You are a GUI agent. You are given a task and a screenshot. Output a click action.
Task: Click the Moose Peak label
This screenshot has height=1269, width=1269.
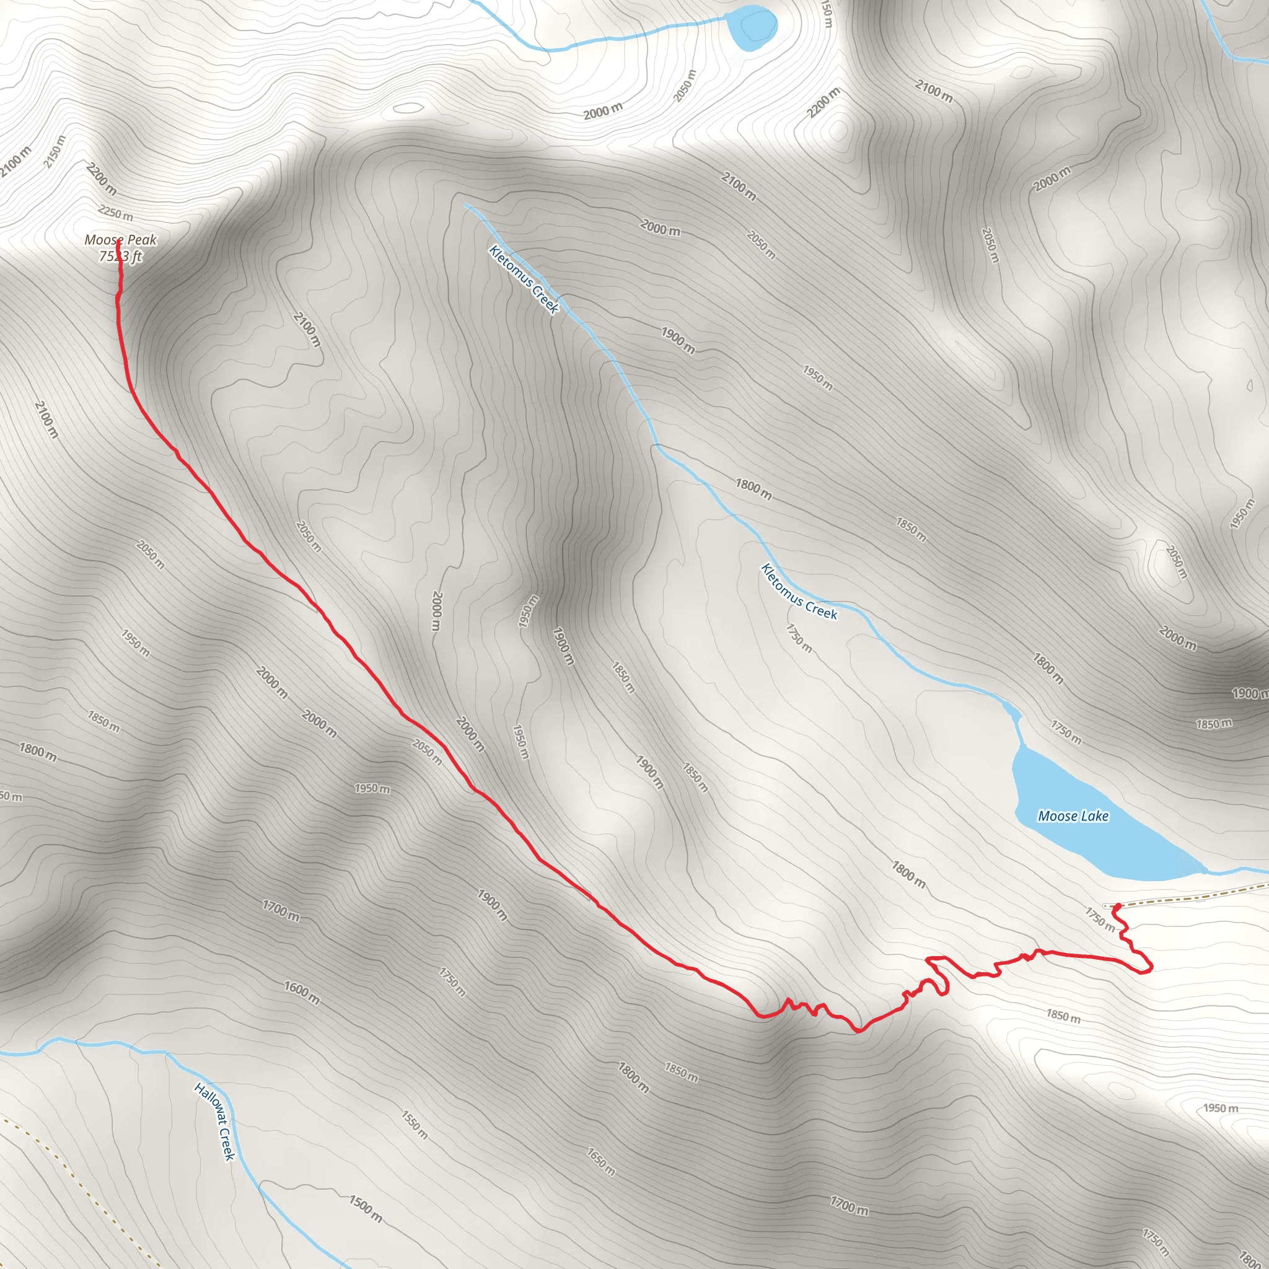(x=120, y=240)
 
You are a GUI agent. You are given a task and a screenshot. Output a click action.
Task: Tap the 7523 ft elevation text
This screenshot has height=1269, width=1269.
(x=120, y=256)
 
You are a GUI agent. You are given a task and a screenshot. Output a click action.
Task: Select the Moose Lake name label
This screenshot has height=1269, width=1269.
(x=1073, y=816)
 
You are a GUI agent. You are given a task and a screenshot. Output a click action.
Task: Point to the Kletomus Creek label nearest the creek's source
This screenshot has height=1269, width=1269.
(x=524, y=279)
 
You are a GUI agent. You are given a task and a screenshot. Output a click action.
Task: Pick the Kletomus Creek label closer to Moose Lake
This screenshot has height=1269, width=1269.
(x=799, y=591)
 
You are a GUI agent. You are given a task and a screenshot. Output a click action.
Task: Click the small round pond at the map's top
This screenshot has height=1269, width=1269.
(x=753, y=29)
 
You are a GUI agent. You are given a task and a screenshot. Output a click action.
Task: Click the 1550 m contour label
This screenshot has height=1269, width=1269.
(x=415, y=1125)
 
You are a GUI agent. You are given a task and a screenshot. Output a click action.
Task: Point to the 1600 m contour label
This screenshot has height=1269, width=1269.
(x=302, y=993)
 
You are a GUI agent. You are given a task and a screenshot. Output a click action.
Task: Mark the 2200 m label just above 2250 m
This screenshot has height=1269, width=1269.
(x=101, y=178)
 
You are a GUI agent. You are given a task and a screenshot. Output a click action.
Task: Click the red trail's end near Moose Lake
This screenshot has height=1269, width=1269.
(x=1117, y=907)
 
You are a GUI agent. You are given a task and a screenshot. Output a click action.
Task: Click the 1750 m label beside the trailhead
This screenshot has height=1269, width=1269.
(x=1100, y=919)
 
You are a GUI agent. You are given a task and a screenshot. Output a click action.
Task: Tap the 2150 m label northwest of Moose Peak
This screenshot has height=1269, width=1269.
(x=55, y=151)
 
